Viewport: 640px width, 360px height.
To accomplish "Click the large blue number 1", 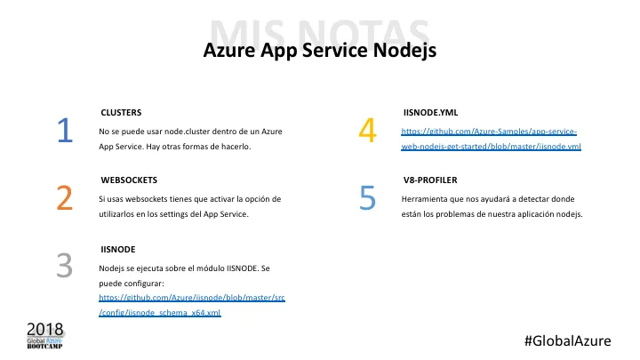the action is click(x=64, y=132).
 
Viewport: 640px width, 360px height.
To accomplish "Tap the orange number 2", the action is click(x=64, y=198).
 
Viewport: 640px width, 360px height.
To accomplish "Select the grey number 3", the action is click(x=64, y=265).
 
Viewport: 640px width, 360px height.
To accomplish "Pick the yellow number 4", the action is click(x=367, y=132).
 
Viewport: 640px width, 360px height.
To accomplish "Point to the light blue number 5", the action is click(x=368, y=198).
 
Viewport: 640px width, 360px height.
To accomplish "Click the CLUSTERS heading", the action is click(x=122, y=113).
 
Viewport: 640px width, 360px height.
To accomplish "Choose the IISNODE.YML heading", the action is click(x=430, y=113).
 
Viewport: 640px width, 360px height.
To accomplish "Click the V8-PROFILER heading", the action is click(x=428, y=180).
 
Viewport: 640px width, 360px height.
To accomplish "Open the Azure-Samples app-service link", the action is click(x=491, y=138).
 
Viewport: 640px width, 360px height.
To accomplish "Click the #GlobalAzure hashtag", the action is click(x=570, y=340).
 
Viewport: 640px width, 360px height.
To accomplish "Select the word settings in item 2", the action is click(x=205, y=214).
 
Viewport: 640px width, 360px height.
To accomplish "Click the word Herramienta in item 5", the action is click(x=425, y=198).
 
